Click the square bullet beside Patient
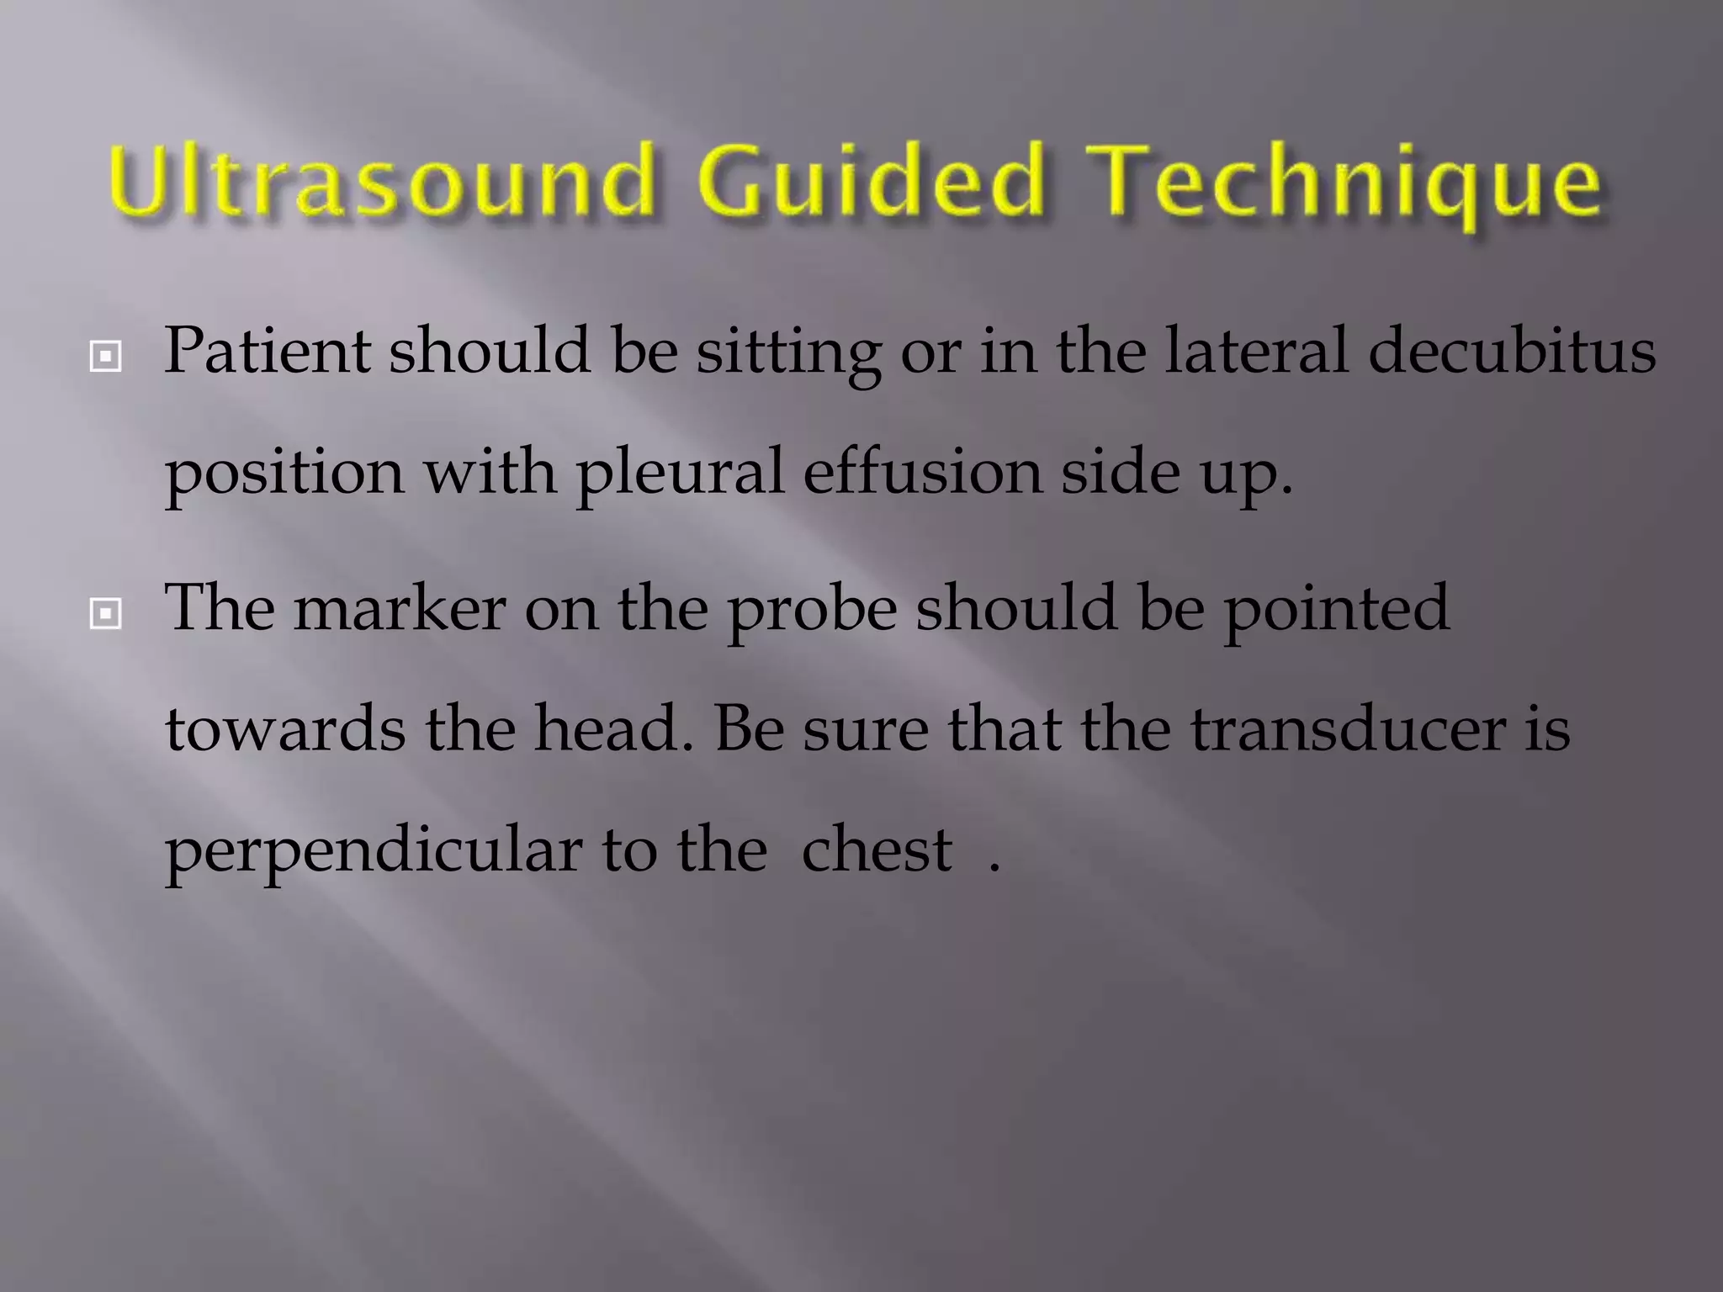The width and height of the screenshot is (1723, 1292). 105,357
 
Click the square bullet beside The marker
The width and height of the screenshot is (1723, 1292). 105,614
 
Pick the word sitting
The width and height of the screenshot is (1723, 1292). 787,353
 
